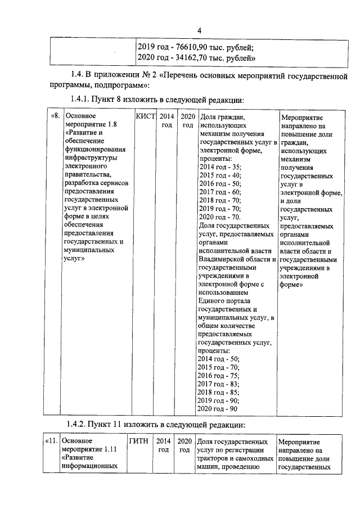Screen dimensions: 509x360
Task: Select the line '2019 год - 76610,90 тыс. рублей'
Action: [196, 47]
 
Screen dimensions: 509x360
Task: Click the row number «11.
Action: [50, 441]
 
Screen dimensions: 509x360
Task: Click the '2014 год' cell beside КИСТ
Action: [166, 120]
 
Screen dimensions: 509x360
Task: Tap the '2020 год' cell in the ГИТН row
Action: [184, 445]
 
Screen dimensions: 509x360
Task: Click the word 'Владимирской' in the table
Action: [223, 259]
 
